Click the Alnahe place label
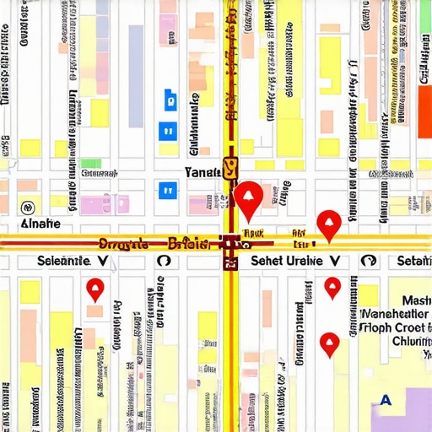pyautogui.click(x=40, y=224)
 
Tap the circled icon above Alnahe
pyautogui.click(x=27, y=206)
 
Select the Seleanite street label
pyautogui.click(x=64, y=262)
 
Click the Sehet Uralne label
pyautogui.click(x=287, y=262)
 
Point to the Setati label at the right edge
pyautogui.click(x=413, y=262)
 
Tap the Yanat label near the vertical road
pyautogui.click(x=202, y=172)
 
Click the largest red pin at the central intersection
pyautogui.click(x=248, y=198)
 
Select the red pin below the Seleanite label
pyautogui.click(x=94, y=290)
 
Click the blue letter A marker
pyautogui.click(x=386, y=400)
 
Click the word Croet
pyautogui.click(x=408, y=326)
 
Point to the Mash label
pyautogui.click(x=416, y=300)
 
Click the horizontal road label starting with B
pyautogui.click(x=187, y=245)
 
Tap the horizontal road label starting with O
pyautogui.click(x=124, y=245)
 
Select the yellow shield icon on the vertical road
pyautogui.click(x=230, y=169)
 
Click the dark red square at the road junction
pyautogui.click(x=230, y=245)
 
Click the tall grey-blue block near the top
pyautogui.click(x=136, y=52)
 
